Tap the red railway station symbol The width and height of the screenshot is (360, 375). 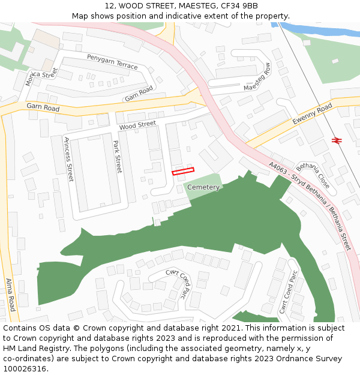coord(337,140)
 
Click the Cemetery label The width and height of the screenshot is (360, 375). coord(203,187)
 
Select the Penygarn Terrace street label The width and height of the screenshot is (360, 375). coord(112,62)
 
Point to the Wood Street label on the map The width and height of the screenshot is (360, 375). coord(137,125)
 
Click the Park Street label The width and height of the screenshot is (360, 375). coord(118,157)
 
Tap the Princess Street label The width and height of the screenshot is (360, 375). coord(69,159)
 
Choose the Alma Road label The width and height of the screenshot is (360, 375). coord(10,294)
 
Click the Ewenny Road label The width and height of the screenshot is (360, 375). coord(312,114)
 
